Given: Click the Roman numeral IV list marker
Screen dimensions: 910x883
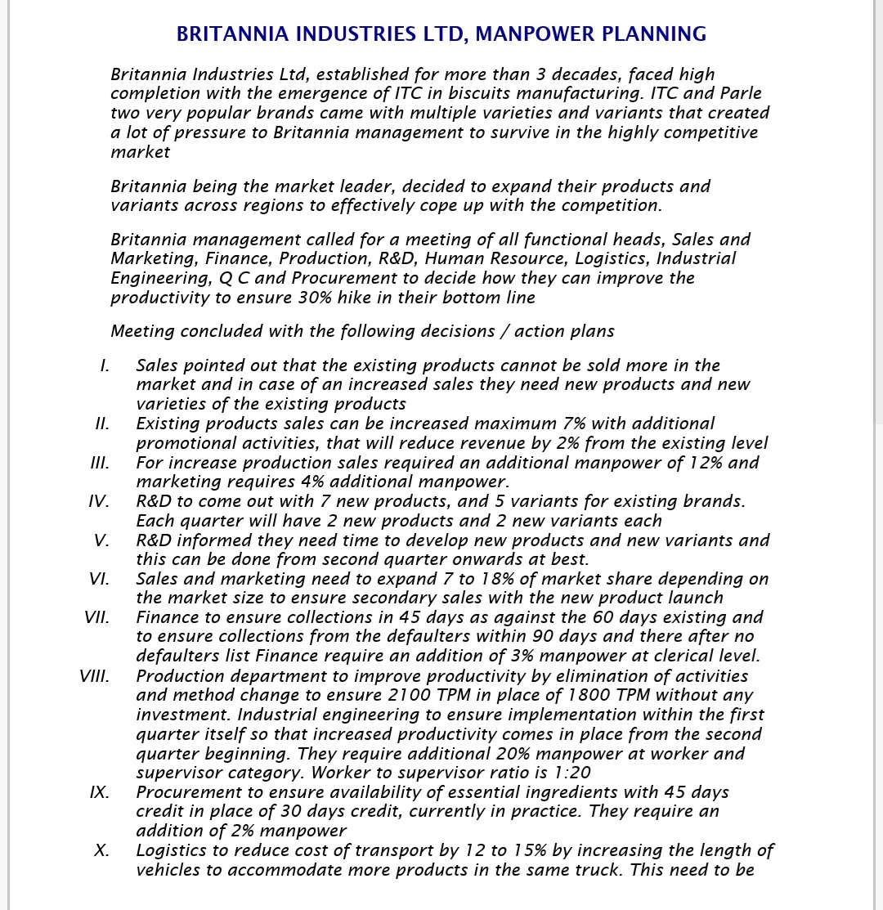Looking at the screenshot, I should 99,501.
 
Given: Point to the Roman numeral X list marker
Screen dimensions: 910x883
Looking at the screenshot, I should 102,850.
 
